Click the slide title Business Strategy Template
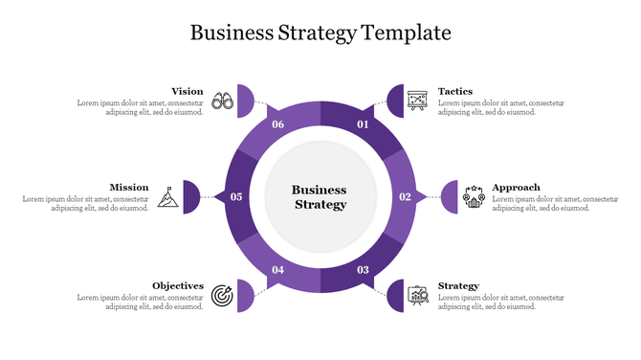coord(320,33)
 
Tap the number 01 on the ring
coord(363,125)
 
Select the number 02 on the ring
coord(405,197)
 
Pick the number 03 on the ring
coord(363,270)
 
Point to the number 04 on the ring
coord(278,270)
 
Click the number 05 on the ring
coord(236,197)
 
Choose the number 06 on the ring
coord(278,125)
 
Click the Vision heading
coord(187,92)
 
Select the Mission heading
coord(128,187)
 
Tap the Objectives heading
coord(178,285)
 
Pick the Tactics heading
coord(455,92)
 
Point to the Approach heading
coord(516,187)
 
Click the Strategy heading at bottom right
coord(458,285)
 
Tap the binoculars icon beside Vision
coord(223,100)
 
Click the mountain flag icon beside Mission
coord(167,195)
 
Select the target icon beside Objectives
coord(222,294)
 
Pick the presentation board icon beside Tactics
coord(416,100)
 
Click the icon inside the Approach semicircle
coord(474,196)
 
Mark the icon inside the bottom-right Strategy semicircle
coord(417,295)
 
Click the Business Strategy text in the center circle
coord(320,197)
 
